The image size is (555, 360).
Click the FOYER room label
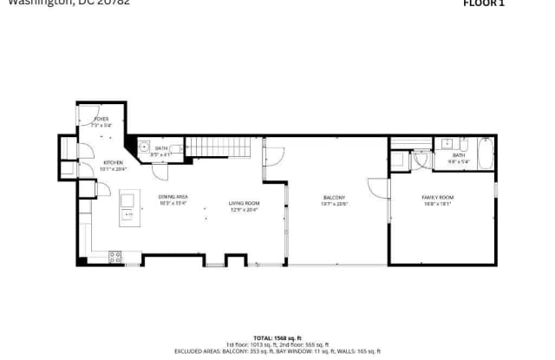(x=101, y=118)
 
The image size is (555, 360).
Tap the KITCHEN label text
(x=114, y=162)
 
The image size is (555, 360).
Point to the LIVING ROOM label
(x=245, y=203)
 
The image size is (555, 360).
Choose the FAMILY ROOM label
(x=438, y=198)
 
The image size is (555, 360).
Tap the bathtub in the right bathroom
(x=484, y=154)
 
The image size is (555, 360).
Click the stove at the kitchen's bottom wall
(x=114, y=256)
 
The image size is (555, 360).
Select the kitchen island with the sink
(x=127, y=206)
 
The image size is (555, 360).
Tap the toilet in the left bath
(x=176, y=149)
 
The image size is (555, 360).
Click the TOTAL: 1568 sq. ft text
(x=277, y=337)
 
